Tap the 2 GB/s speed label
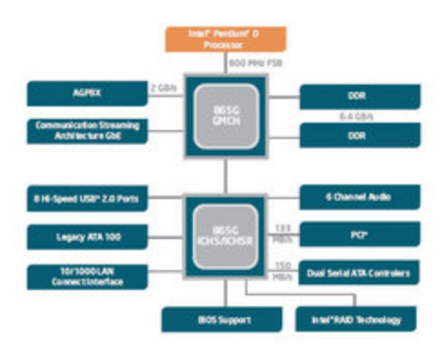click(x=164, y=88)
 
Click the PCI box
click(x=359, y=235)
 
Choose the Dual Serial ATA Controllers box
click(x=359, y=272)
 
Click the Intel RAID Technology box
click(x=356, y=319)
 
